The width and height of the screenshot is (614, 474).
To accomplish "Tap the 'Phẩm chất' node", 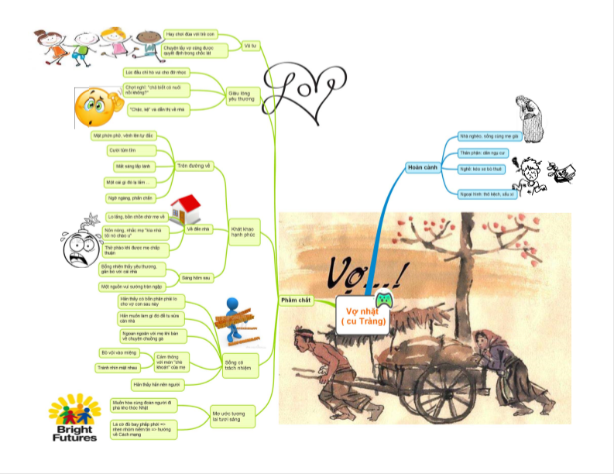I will [294, 300].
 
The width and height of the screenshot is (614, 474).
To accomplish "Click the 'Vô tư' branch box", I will [250, 45].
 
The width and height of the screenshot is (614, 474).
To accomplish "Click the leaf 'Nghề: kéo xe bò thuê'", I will [481, 168].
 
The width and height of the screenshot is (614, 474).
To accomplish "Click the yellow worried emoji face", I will [94, 108].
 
